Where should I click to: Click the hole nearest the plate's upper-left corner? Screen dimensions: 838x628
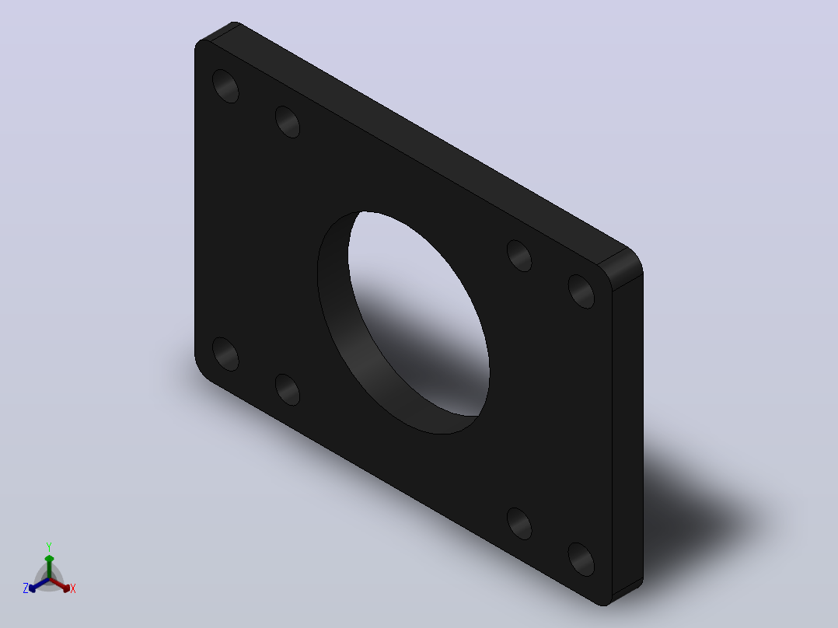point(225,85)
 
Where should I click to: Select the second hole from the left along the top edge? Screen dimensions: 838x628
point(288,122)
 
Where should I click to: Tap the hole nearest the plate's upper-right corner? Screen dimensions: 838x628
point(581,291)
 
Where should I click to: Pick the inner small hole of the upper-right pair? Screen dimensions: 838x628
point(519,256)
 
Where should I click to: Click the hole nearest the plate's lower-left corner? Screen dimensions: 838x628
point(225,354)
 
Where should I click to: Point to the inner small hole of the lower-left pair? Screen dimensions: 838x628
point(288,389)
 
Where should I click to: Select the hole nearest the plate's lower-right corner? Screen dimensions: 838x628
point(581,559)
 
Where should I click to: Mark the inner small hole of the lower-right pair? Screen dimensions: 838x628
point(519,524)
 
